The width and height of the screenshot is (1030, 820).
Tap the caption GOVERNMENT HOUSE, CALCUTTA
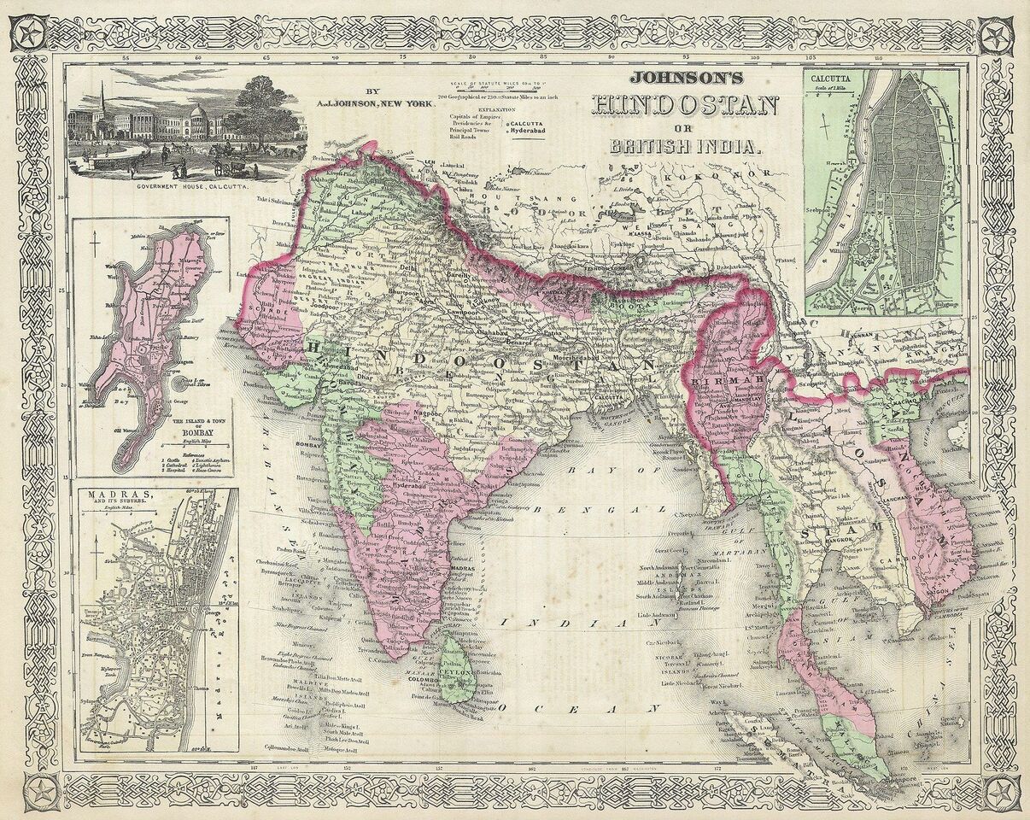pos(185,184)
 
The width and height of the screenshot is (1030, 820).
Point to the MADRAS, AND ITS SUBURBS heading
pos(120,498)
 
